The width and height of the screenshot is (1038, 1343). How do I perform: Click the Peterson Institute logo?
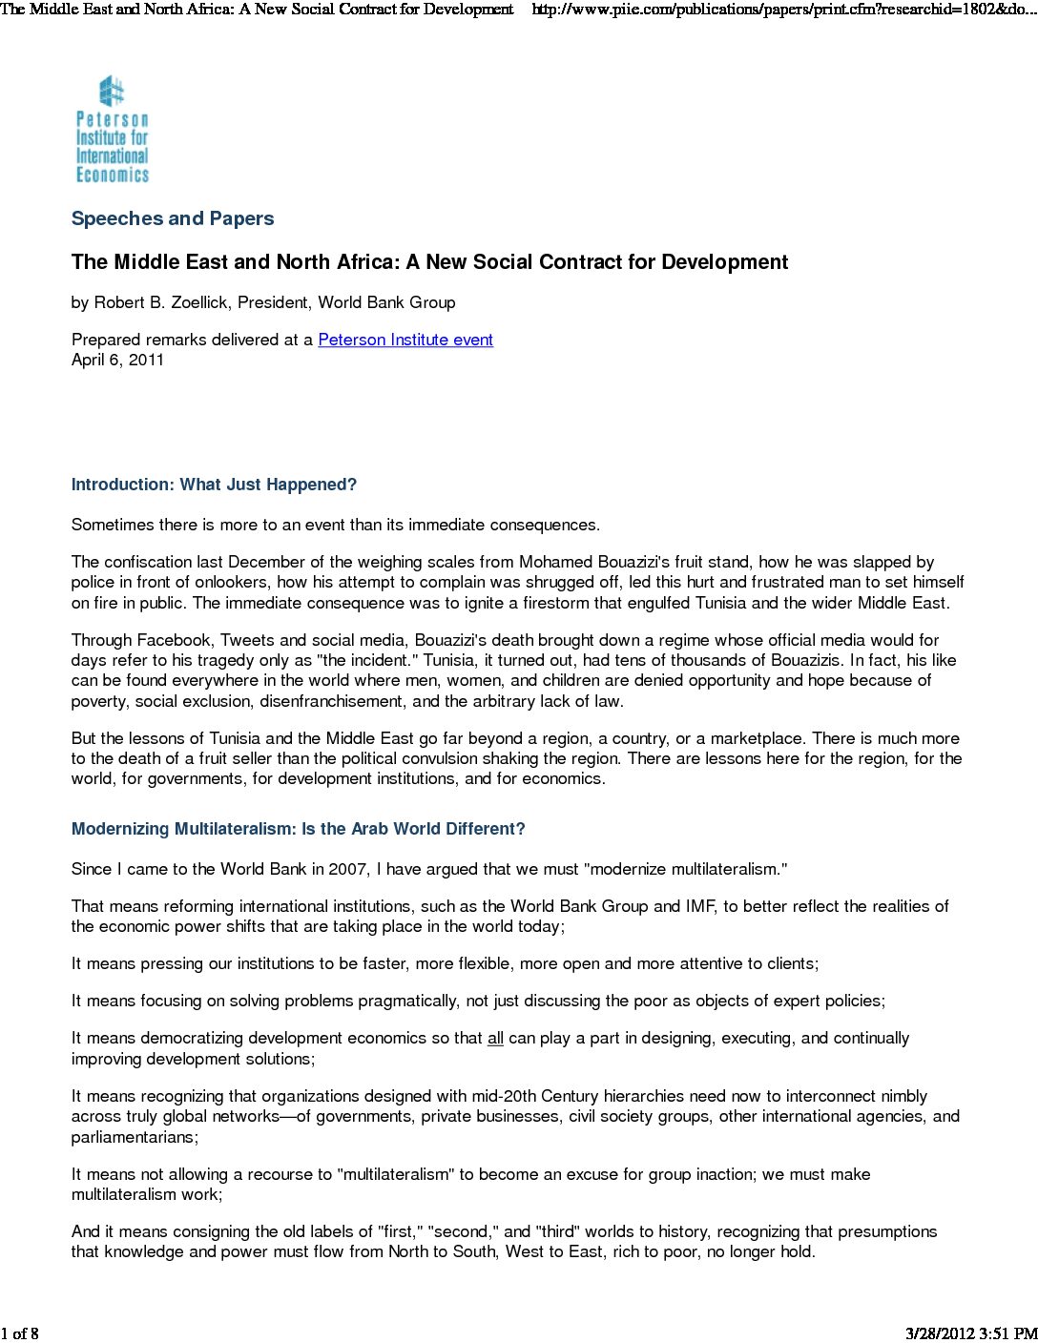click(113, 130)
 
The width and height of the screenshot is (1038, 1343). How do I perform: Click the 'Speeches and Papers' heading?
click(173, 218)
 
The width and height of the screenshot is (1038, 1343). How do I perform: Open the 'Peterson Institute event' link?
click(405, 340)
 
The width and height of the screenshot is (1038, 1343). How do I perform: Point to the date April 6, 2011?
click(117, 360)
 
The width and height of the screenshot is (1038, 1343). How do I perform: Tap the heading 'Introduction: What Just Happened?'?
click(214, 485)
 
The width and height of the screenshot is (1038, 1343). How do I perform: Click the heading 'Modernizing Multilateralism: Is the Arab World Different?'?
click(298, 829)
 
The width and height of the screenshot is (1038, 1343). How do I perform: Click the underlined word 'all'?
click(495, 1038)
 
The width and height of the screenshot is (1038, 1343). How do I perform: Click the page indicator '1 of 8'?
click(20, 1333)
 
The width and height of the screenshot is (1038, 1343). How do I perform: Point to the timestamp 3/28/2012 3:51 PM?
click(970, 1333)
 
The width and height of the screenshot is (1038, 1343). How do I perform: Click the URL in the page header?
click(782, 10)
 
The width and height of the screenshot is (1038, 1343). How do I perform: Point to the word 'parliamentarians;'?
click(135, 1137)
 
